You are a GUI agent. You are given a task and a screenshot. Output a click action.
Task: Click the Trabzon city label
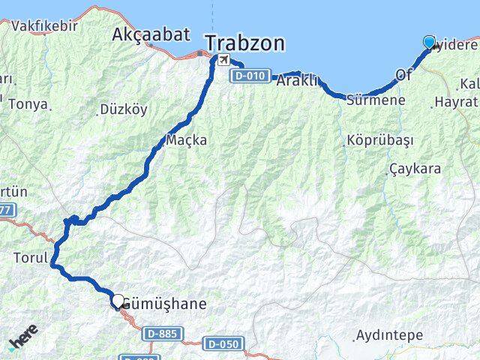(245, 43)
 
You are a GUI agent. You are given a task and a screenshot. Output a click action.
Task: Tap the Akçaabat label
(142, 34)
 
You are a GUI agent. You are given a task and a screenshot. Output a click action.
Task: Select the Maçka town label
(187, 140)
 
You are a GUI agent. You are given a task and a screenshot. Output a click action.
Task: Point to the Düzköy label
(124, 109)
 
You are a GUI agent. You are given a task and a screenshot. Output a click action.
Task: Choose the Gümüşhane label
(163, 305)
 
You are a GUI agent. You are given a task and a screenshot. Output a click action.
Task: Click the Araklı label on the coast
(298, 80)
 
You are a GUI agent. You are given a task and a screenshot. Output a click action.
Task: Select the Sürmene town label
(376, 100)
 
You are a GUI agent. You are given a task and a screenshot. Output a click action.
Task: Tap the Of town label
(404, 74)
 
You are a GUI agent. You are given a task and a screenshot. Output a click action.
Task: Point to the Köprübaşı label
(370, 140)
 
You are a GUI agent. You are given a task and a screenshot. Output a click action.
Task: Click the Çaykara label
(415, 169)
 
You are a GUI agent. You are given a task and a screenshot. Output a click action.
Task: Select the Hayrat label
(456, 100)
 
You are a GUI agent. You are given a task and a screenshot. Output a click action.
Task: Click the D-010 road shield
(248, 76)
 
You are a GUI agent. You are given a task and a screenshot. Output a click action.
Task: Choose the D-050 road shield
(223, 343)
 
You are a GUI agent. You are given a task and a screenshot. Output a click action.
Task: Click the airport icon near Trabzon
(223, 59)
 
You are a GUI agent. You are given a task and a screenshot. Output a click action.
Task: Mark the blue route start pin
(429, 43)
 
